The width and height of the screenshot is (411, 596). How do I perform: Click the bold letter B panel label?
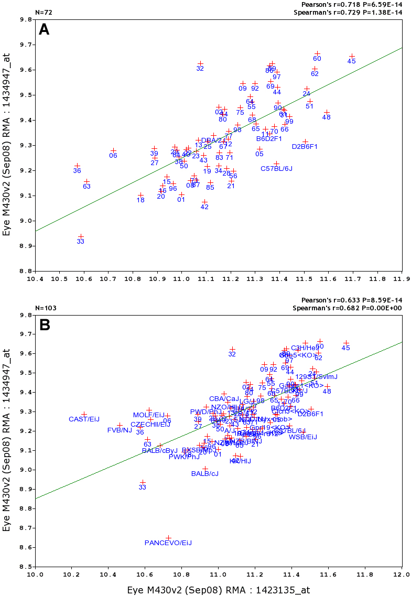click(45, 325)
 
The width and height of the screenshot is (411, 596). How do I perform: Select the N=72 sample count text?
click(43, 12)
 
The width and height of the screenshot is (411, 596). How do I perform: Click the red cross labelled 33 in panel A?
click(81, 236)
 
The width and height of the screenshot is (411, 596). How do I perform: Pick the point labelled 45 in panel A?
click(352, 56)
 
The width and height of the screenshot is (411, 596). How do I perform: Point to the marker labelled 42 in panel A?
click(204, 202)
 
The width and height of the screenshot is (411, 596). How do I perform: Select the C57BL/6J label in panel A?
click(276, 168)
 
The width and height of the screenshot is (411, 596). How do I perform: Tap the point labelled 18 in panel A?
click(140, 195)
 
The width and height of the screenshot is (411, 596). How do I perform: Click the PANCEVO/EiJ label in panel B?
click(168, 543)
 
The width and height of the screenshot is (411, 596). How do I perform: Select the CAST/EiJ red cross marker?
click(84, 415)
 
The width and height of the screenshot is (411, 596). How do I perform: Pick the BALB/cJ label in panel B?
click(204, 473)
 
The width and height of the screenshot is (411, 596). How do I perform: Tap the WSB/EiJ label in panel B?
click(303, 437)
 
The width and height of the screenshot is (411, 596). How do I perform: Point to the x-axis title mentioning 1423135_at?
click(219, 590)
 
